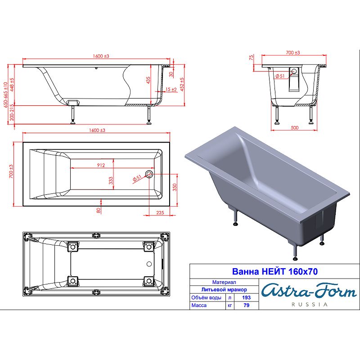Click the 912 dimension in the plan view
(101, 165)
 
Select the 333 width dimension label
(111, 181)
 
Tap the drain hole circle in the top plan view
(149, 174)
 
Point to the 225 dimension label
(160, 212)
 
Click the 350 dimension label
(175, 187)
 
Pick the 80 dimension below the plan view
(99, 210)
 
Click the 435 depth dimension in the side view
(148, 80)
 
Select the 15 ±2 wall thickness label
(171, 89)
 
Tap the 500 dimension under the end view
(295, 128)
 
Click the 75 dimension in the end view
(252, 57)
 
